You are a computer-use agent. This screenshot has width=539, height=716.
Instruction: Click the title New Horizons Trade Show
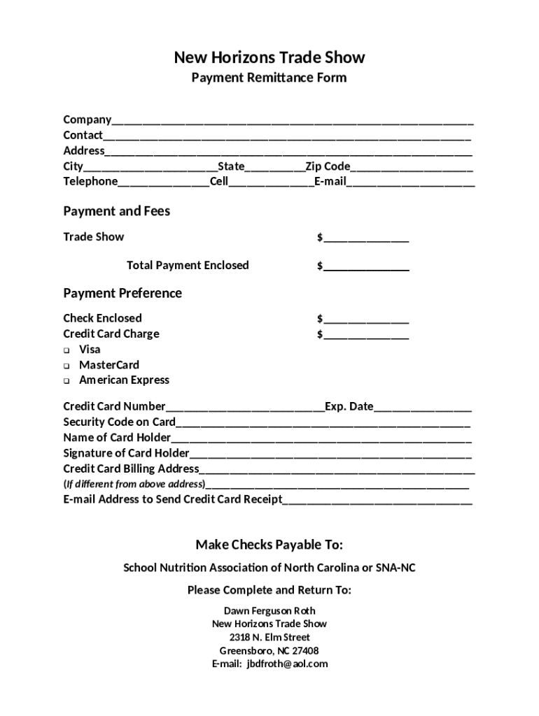(269, 57)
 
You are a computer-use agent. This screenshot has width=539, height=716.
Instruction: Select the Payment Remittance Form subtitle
(269, 78)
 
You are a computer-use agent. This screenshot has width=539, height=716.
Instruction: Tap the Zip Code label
(328, 166)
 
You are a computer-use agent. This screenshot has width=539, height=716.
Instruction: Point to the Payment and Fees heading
(116, 211)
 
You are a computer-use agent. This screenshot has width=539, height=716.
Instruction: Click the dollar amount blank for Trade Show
(366, 238)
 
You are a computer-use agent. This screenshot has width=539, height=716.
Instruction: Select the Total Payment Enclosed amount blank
(366, 267)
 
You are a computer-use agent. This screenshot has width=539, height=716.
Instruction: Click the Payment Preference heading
(122, 293)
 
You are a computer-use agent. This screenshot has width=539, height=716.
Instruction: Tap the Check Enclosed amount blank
(366, 320)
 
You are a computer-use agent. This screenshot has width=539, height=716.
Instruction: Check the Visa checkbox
(66, 350)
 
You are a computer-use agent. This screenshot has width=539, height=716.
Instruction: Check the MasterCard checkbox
(66, 366)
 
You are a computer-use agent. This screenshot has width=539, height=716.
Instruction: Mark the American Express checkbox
(66, 381)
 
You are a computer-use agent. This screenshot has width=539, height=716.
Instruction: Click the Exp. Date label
(349, 406)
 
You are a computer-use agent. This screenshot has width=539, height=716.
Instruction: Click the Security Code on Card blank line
(323, 423)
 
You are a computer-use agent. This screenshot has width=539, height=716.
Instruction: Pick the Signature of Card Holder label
(126, 453)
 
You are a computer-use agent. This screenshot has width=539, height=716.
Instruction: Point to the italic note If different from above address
(134, 484)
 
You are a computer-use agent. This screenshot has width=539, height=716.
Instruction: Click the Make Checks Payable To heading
(269, 545)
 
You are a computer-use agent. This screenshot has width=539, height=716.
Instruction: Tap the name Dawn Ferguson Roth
(269, 610)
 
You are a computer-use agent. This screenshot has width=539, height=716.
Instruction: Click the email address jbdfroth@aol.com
(287, 664)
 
